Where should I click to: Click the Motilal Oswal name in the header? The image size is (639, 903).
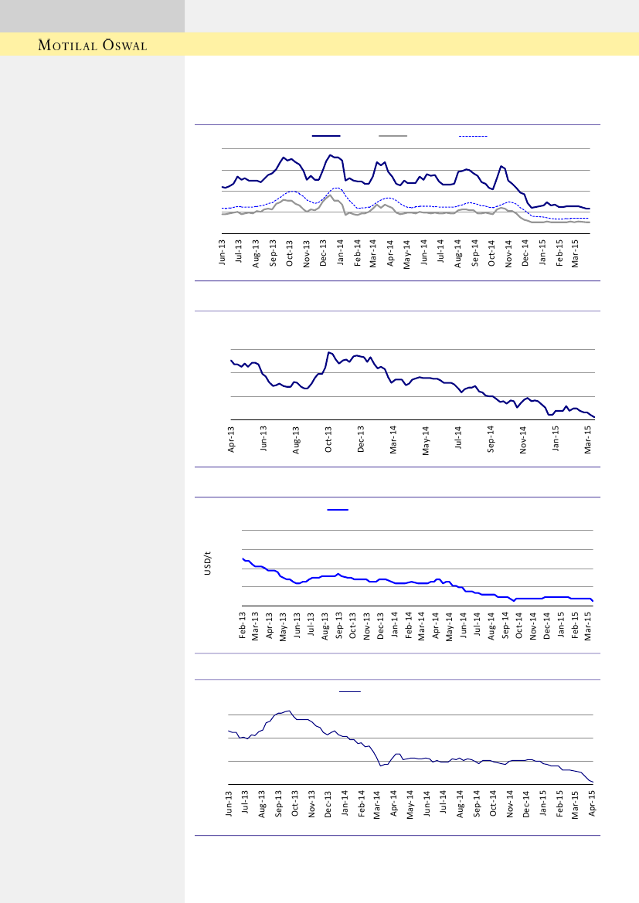[x=93, y=45]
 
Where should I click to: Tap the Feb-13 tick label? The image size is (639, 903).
[x=243, y=624]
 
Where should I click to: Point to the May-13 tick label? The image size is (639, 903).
[x=284, y=624]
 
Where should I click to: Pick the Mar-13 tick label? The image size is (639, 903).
[x=257, y=624]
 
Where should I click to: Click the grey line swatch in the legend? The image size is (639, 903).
[x=393, y=136]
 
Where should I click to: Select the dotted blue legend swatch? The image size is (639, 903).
[x=473, y=136]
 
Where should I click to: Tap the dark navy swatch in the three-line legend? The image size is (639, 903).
[x=326, y=136]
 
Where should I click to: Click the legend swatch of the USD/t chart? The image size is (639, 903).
[x=338, y=510]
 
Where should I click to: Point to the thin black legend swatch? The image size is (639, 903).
[x=350, y=691]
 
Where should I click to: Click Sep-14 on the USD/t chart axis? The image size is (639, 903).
[x=505, y=624]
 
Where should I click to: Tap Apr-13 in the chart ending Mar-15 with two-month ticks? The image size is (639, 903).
[x=231, y=438]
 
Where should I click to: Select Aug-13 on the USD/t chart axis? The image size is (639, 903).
[x=325, y=624]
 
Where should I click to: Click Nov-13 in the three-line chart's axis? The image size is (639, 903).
[x=307, y=253]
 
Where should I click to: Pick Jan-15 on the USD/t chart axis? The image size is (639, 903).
[x=561, y=624]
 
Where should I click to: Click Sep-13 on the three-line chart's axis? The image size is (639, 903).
[x=273, y=253]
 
